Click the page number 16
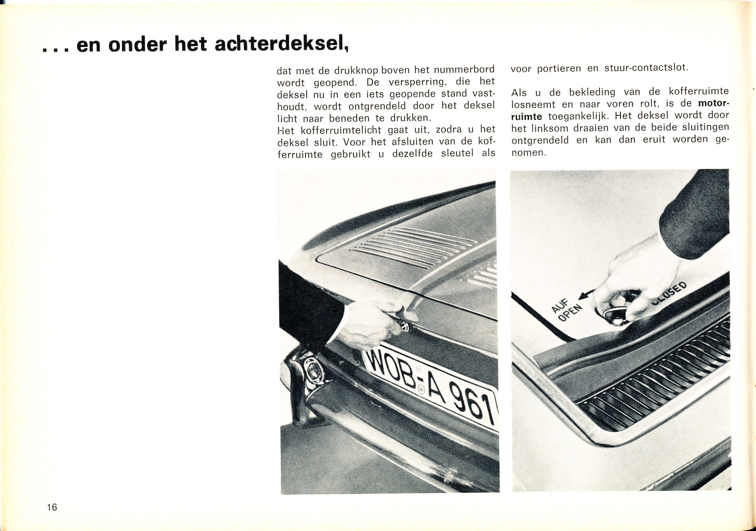[52, 507]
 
